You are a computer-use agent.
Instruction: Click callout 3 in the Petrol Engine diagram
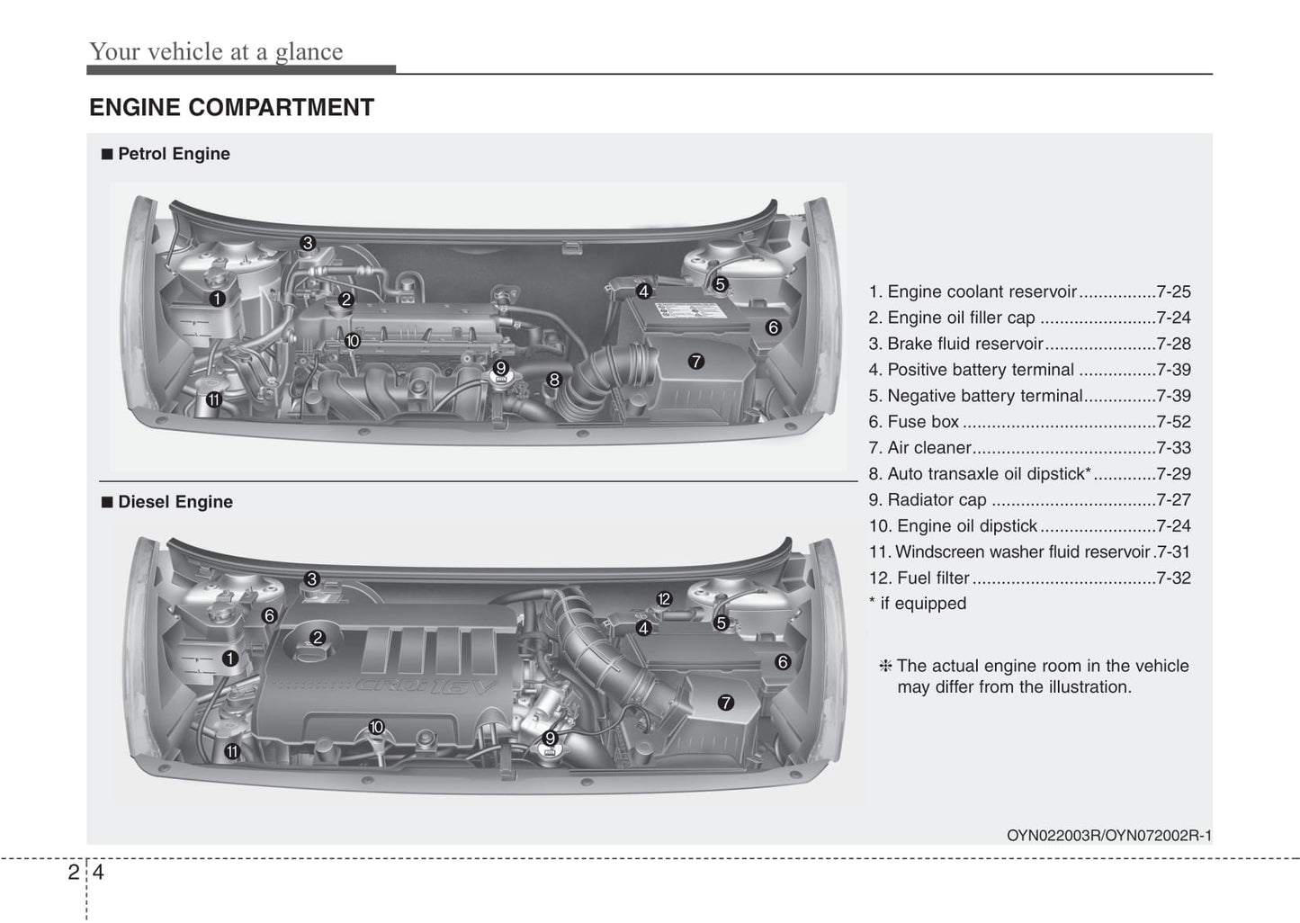[x=308, y=243]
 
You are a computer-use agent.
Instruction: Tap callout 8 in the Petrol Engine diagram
[x=554, y=380]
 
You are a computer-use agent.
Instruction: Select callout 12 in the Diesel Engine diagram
[x=664, y=599]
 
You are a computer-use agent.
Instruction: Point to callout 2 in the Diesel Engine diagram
[x=318, y=638]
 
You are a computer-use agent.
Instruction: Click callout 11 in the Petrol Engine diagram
[x=214, y=400]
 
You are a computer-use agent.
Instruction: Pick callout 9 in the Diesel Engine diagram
[x=550, y=738]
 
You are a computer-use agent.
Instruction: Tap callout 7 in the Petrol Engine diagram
[x=695, y=362]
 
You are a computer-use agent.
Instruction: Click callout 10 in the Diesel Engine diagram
[x=377, y=727]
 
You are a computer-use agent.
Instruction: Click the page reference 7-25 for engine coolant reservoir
[x=1173, y=291]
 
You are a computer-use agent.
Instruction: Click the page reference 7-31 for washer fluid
[x=1173, y=551]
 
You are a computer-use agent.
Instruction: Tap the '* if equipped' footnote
[x=918, y=604]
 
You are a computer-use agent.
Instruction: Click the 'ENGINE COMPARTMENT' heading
[x=231, y=107]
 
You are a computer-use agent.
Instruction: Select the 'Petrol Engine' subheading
[x=174, y=154]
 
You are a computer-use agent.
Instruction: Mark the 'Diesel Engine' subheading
[x=175, y=502]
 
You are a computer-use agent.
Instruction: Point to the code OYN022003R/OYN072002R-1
[x=1109, y=836]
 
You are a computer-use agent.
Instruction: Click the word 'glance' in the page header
[x=309, y=52]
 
